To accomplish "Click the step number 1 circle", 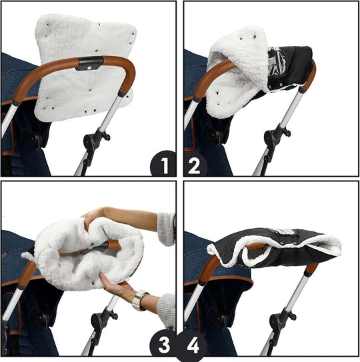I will tap(163, 163).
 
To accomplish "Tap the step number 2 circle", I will tap(196, 163).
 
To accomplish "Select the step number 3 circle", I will tap(163, 345).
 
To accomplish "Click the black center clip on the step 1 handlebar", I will tap(89, 65).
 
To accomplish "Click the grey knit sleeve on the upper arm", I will tap(166, 227).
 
